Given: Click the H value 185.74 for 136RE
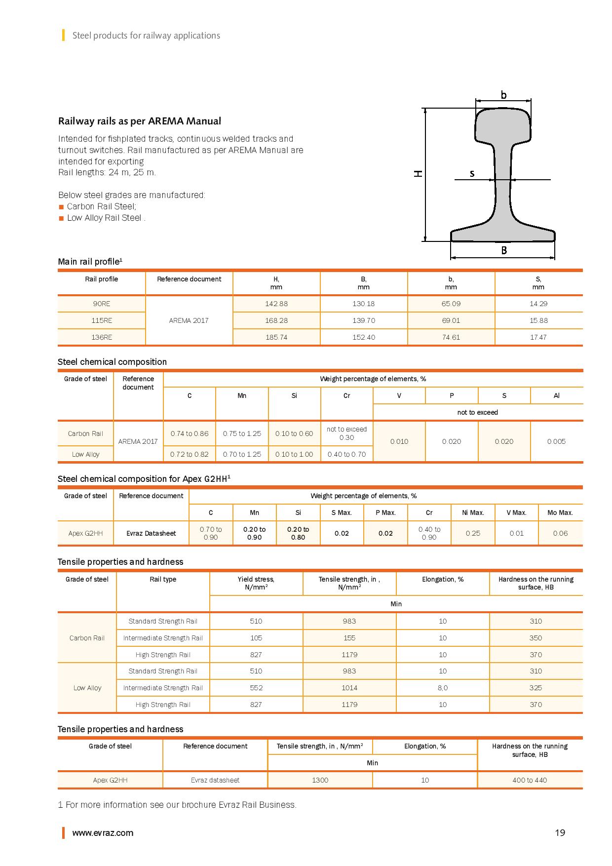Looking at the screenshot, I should pos(276,337).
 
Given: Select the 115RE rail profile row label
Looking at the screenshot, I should pos(102,320).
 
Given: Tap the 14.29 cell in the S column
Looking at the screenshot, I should pos(538,304).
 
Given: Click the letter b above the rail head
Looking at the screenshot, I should pos(503,95).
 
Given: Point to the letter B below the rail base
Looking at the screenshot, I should pos(504,250).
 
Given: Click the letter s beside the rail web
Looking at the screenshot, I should pos(472,173).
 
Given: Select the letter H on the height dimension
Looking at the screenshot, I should pos(418,173).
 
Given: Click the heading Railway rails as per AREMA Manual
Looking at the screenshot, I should pos(140,121).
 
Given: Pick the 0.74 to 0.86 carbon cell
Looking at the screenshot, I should pos(190,433).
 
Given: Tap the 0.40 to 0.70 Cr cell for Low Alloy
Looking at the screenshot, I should pos(346,454).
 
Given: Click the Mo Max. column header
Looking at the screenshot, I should pos(560,512).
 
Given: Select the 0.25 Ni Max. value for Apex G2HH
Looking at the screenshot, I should pos(473,533).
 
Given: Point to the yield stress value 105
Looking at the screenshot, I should pos(256,638).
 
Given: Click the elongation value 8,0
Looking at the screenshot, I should pos(443,688).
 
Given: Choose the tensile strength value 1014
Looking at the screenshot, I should pos(349,688).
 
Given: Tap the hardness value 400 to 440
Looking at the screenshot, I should pos(530,780).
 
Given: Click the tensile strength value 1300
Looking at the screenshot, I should pos(320,780).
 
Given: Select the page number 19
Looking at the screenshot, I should pos(560,833).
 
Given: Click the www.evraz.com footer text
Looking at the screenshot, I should pos(103,833).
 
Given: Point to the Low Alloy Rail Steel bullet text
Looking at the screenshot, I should pos(105,218).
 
